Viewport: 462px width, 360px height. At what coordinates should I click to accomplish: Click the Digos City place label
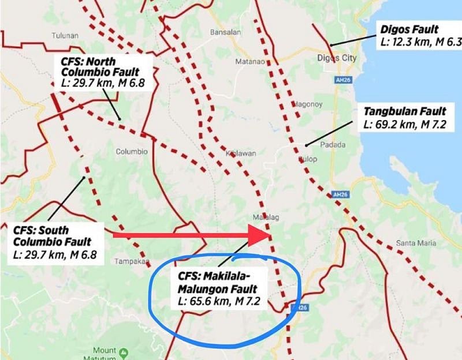(x=337, y=58)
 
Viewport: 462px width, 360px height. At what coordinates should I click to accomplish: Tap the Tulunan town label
(x=65, y=35)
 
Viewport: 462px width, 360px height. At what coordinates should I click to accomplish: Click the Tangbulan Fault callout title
(x=404, y=110)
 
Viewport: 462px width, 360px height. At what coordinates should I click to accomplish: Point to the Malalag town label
(x=262, y=217)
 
